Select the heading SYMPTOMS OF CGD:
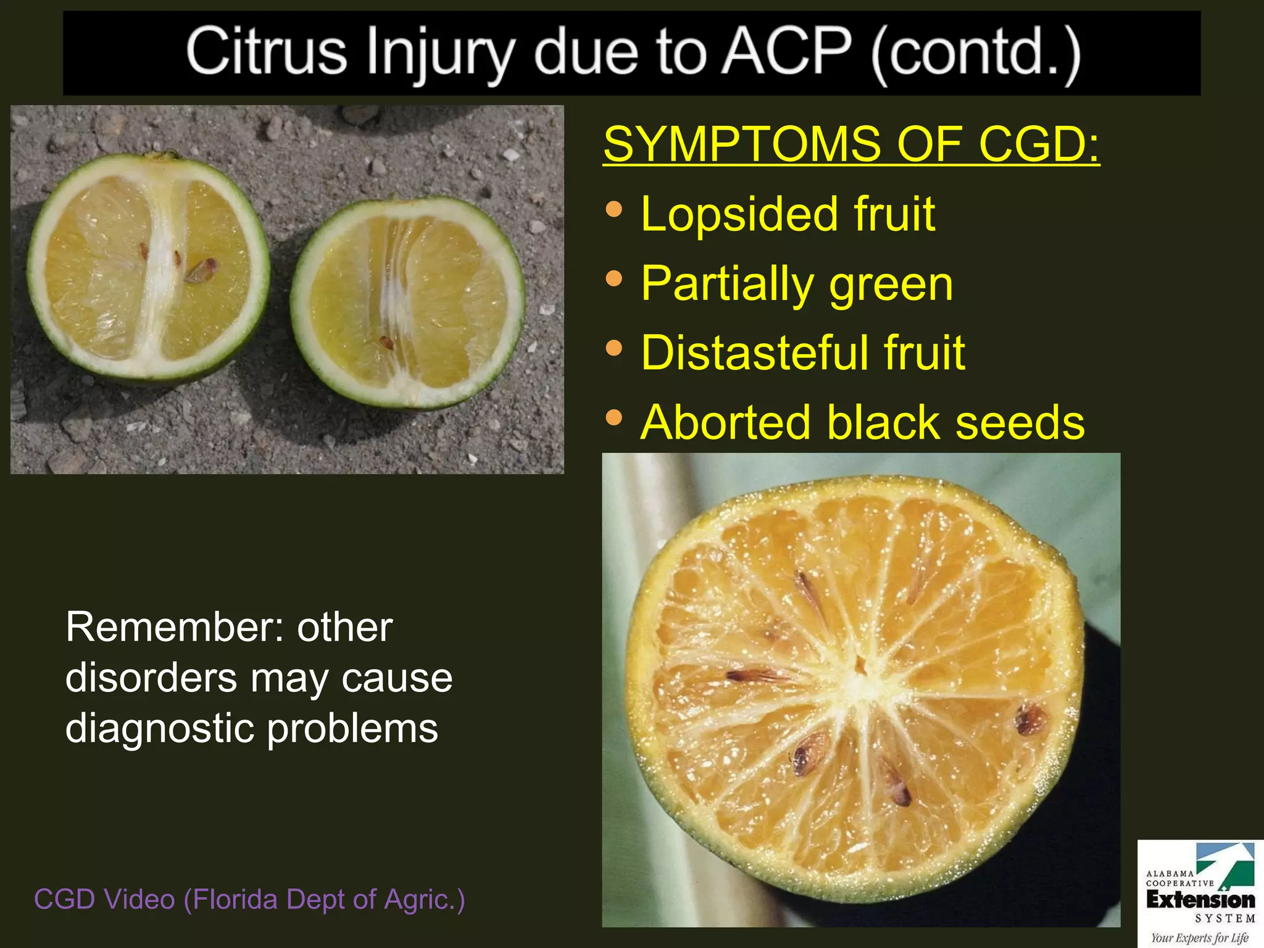click(851, 144)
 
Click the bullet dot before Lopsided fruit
click(614, 209)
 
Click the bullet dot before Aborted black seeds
click(614, 418)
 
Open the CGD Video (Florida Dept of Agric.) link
click(249, 899)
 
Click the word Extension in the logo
click(1200, 900)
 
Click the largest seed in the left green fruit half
click(201, 270)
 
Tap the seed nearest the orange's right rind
click(1029, 719)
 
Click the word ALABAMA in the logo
click(1170, 873)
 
